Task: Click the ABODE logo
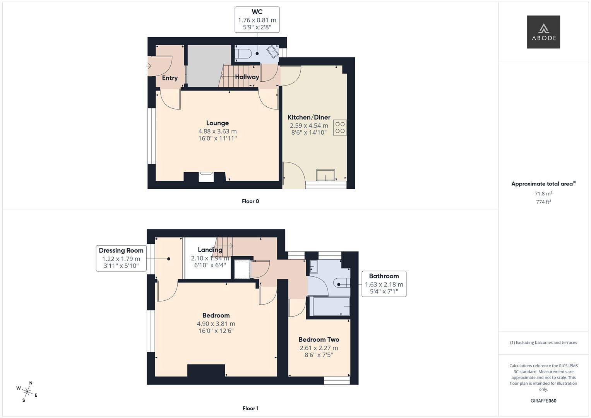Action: [x=543, y=32]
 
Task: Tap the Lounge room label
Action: [x=217, y=123]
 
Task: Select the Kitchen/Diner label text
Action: [x=309, y=117]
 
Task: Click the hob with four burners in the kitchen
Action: [x=340, y=127]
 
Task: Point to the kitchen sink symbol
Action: [x=326, y=175]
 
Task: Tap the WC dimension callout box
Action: [x=257, y=19]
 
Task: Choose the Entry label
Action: [x=170, y=78]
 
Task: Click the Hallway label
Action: [x=247, y=77]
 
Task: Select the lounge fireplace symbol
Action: [x=206, y=177]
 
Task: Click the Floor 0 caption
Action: [x=250, y=201]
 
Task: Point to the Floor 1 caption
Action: [x=250, y=408]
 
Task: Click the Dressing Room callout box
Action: [x=121, y=258]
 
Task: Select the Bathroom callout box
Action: [x=384, y=284]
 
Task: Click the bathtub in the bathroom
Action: [x=331, y=306]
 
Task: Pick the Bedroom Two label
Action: [x=319, y=339]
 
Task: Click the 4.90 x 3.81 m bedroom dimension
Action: [x=216, y=324]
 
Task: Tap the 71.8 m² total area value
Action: [x=543, y=194]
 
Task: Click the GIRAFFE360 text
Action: [x=543, y=401]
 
